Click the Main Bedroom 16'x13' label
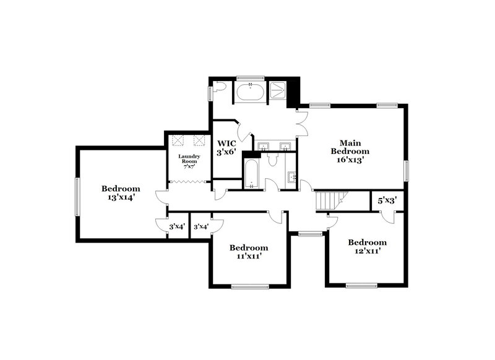click(x=350, y=150)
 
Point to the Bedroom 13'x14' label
click(x=121, y=193)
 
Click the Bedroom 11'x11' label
click(x=249, y=251)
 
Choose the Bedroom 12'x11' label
click(x=367, y=246)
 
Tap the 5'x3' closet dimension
click(x=387, y=200)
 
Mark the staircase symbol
click(x=329, y=201)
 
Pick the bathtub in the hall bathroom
click(x=251, y=173)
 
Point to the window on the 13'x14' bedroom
click(x=77, y=197)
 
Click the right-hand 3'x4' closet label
click(x=200, y=227)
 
